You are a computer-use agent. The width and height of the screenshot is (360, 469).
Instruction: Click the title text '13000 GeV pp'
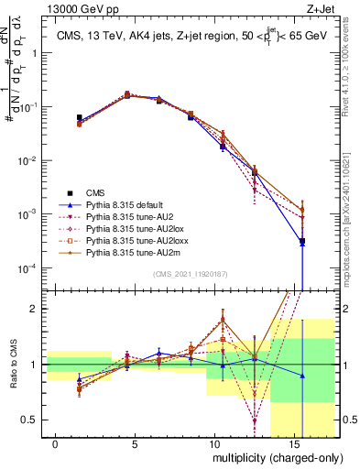(74, 8)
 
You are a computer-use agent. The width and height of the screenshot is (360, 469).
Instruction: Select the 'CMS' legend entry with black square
(96, 192)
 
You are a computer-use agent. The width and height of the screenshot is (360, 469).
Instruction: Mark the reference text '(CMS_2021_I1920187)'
(190, 275)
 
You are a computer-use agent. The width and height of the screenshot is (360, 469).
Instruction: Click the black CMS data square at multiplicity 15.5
(302, 242)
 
